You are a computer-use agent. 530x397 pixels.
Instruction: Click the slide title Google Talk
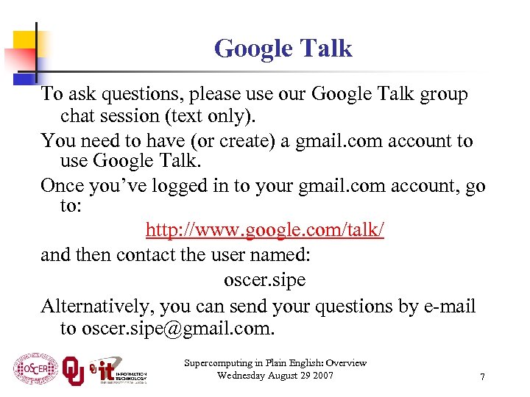click(x=283, y=49)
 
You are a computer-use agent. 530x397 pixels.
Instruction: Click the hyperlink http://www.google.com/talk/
click(x=265, y=231)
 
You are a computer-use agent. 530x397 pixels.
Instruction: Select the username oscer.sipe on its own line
click(x=264, y=280)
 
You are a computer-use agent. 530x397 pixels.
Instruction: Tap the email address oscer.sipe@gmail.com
click(x=177, y=328)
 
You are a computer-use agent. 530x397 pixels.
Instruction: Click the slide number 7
click(x=482, y=376)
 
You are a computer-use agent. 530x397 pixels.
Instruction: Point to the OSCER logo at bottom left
click(x=35, y=370)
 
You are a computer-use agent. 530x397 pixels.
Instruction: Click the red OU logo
click(x=73, y=370)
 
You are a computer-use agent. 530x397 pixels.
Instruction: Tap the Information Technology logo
click(x=118, y=370)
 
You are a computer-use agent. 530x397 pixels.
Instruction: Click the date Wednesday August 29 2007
click(x=275, y=376)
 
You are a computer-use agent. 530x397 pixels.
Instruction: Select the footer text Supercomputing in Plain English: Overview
click(x=275, y=363)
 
